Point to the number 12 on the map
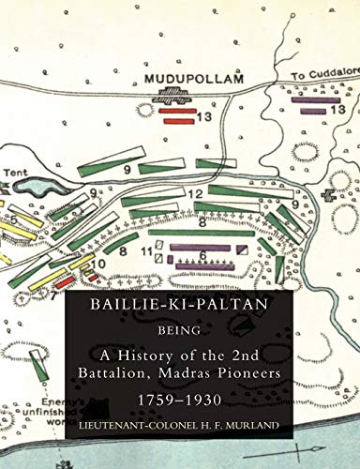tap(197, 194)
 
